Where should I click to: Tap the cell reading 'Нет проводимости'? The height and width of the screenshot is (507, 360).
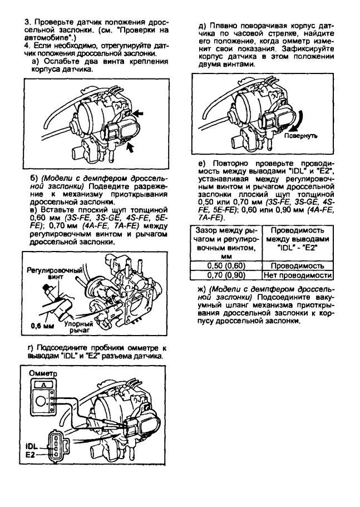(x=297, y=275)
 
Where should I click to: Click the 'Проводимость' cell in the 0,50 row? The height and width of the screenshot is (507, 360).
(x=297, y=266)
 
